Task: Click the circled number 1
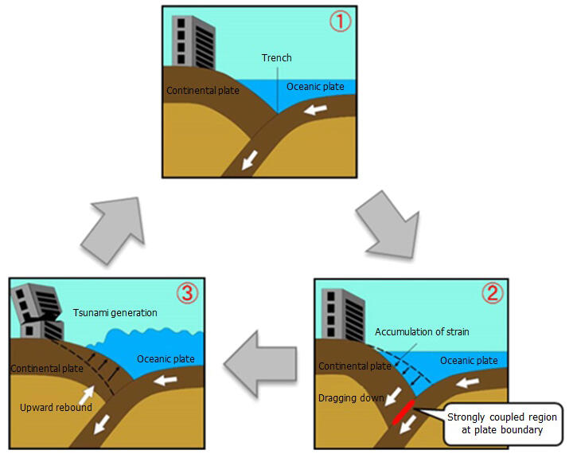[341, 22]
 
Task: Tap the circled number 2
[493, 293]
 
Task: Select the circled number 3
[187, 292]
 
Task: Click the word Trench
[277, 58]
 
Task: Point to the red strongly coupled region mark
[403, 412]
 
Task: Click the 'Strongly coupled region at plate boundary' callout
[502, 423]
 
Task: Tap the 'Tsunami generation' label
[115, 313]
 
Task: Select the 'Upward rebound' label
[56, 408]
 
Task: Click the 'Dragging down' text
[351, 398]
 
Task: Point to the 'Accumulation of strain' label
[422, 332]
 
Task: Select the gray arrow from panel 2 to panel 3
[260, 364]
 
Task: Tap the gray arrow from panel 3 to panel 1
[113, 229]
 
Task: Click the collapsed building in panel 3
[37, 311]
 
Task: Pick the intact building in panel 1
[193, 42]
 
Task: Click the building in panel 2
[343, 315]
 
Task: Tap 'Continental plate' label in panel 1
[203, 91]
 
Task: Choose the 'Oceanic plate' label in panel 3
[166, 359]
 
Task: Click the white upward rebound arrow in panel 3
[86, 395]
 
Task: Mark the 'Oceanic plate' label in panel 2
[469, 361]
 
